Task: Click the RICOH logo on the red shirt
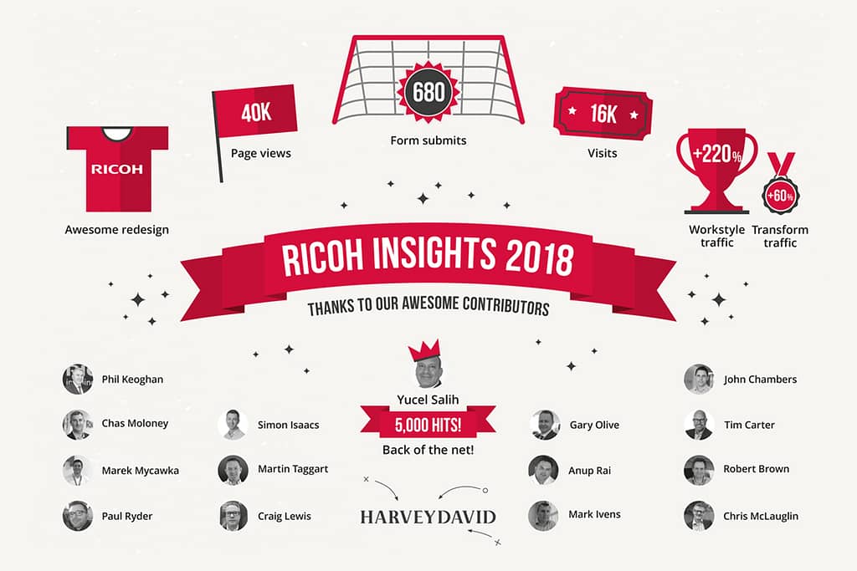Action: tap(117, 169)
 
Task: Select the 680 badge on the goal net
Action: tap(428, 92)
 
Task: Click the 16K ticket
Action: tap(603, 114)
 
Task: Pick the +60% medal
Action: tap(781, 184)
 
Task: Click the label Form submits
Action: tap(428, 140)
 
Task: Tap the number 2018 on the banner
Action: tap(540, 257)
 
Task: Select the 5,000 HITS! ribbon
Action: tap(428, 424)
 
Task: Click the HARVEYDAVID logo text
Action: tap(428, 517)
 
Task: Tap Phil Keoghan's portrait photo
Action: tap(78, 379)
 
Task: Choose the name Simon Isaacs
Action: tap(288, 425)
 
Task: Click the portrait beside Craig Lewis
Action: tap(233, 516)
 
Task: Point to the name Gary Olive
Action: tap(594, 425)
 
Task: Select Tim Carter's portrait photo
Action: tap(699, 425)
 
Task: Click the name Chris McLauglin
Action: tap(760, 516)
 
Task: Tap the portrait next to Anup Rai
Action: tap(544, 470)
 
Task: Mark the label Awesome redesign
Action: tap(117, 230)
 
